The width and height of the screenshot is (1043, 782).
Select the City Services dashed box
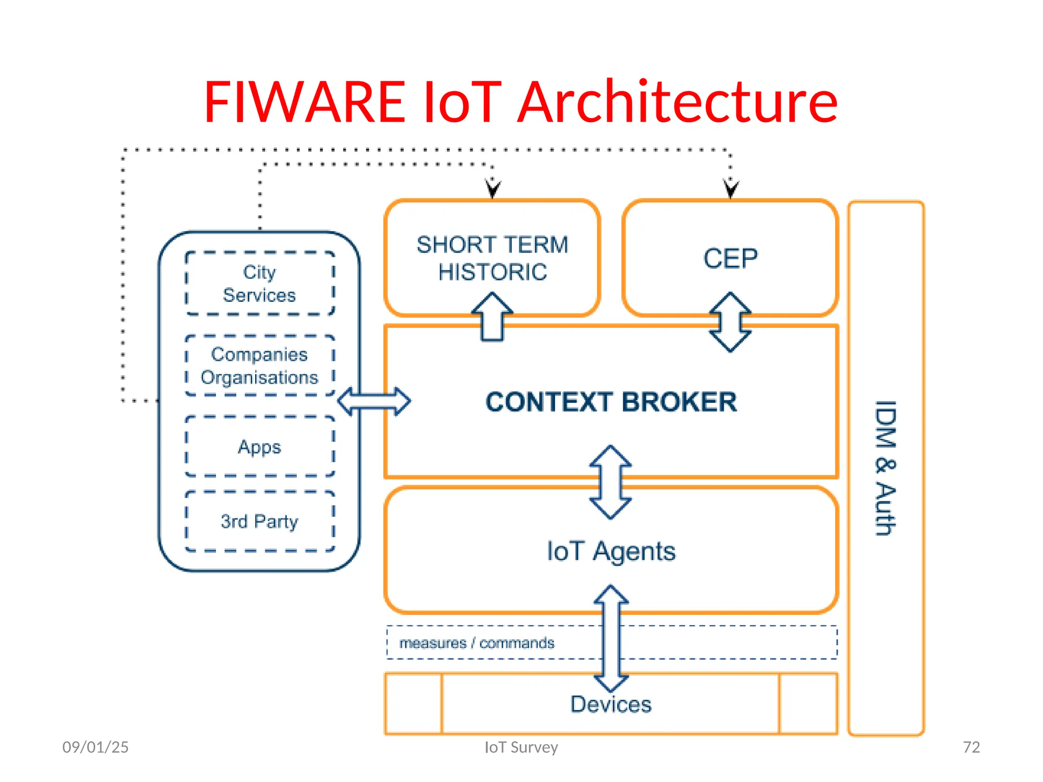pyautogui.click(x=260, y=284)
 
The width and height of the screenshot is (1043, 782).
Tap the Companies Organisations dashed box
pyautogui.click(x=260, y=366)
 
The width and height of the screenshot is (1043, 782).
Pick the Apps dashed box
pyautogui.click(x=260, y=446)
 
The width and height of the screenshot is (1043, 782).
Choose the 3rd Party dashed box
pyautogui.click(x=260, y=521)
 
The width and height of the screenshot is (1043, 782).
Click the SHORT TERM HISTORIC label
pyautogui.click(x=492, y=258)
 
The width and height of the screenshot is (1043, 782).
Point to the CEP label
pyautogui.click(x=730, y=258)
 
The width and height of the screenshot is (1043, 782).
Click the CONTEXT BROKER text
pyautogui.click(x=611, y=402)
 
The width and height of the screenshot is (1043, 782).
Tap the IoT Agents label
pyautogui.click(x=611, y=551)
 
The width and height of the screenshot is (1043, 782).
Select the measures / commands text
pyautogui.click(x=477, y=643)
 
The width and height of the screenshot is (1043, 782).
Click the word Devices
pyautogui.click(x=611, y=704)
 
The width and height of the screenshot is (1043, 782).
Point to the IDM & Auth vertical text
pyautogui.click(x=886, y=468)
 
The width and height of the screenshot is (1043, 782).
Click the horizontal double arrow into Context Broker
pyautogui.click(x=374, y=401)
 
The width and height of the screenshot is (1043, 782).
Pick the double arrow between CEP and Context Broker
pyautogui.click(x=730, y=322)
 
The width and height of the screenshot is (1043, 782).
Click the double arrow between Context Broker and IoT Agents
pyautogui.click(x=611, y=482)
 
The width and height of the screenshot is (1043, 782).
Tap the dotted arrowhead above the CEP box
pyautogui.click(x=731, y=189)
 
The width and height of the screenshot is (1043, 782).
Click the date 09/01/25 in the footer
pyautogui.click(x=95, y=747)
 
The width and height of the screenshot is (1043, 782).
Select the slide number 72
pyautogui.click(x=971, y=747)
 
